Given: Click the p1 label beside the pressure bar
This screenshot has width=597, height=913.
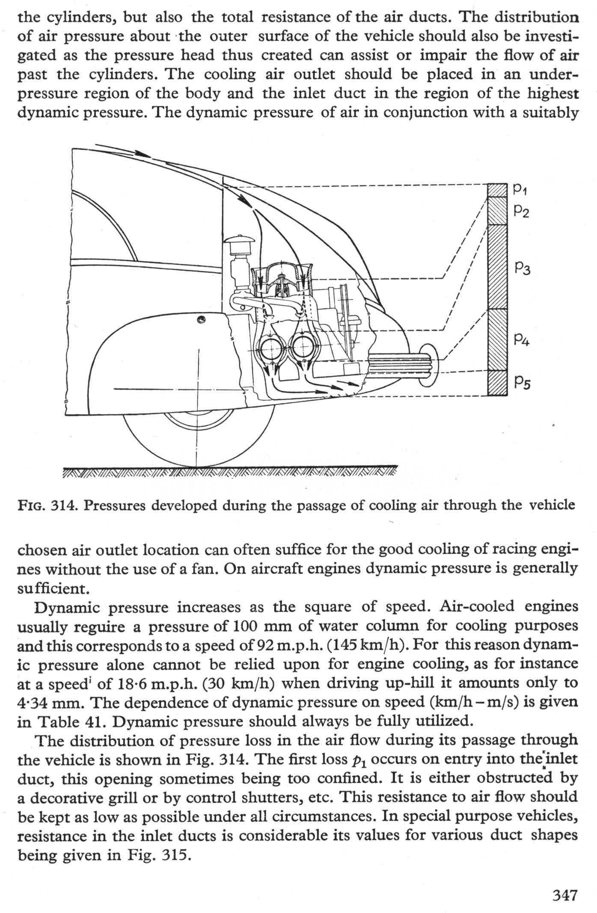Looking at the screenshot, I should (520, 189).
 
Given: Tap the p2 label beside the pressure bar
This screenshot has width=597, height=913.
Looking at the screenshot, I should (522, 210).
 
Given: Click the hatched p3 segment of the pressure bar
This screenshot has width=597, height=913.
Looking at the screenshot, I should (497, 267).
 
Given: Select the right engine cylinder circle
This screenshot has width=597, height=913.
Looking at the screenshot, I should (304, 344).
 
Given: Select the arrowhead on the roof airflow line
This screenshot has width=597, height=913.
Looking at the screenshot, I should (141, 153).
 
